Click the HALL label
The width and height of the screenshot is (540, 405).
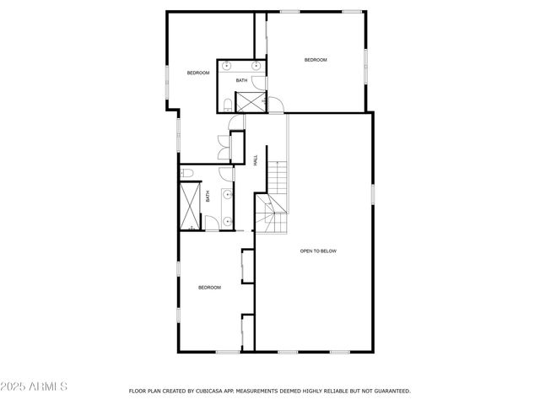click(256, 159)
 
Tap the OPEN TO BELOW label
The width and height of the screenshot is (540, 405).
click(318, 251)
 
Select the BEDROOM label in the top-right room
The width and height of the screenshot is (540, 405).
click(316, 60)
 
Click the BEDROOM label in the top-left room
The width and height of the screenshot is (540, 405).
click(198, 73)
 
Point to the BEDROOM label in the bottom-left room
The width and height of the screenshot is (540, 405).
click(209, 288)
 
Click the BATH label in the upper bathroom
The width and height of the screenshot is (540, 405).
click(241, 81)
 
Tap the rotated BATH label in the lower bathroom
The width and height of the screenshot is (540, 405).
click(208, 197)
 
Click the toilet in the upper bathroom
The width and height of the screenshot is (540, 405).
click(228, 104)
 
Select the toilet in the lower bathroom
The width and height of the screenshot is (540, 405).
click(187, 173)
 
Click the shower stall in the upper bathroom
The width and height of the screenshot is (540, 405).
click(250, 101)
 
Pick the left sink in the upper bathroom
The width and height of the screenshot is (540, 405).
click(227, 65)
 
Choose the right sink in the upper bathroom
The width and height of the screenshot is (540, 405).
click(256, 65)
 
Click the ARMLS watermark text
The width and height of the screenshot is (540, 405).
click(35, 386)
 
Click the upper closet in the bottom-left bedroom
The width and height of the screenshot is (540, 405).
click(247, 266)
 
